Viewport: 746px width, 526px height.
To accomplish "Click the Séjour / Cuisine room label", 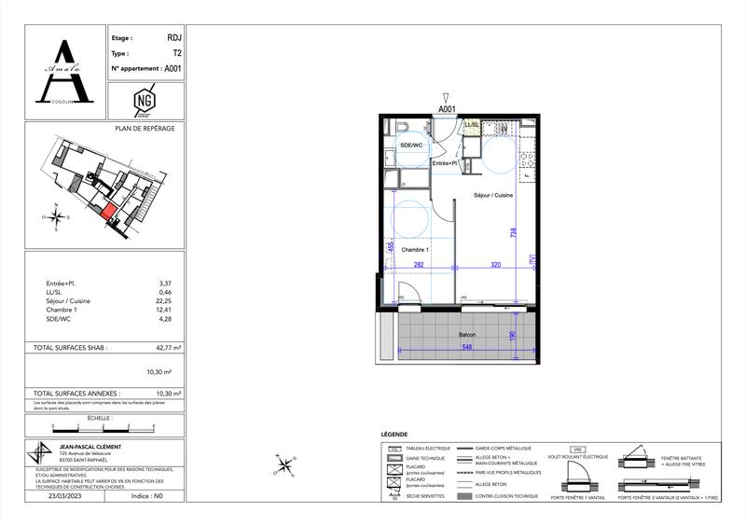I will coord(493,195).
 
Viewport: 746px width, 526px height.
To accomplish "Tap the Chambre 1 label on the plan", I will coord(415,250).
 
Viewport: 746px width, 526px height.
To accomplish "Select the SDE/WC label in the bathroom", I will coord(412,145).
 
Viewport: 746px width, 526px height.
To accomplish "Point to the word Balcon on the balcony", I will coord(467,333).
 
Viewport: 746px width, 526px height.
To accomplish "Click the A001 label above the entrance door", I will coord(448,108).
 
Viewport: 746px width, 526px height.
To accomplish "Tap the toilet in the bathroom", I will coord(402,128).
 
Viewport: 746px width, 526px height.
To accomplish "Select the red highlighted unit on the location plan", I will coord(110,213).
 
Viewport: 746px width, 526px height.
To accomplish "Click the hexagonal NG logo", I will coord(145,97).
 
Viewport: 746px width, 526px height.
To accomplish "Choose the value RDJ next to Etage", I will coord(174,39).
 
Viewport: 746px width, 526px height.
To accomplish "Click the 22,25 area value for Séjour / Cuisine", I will coord(166,301).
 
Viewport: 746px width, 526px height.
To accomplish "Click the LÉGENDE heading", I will coord(395,436).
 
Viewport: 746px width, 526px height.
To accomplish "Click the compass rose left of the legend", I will coord(285,462).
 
